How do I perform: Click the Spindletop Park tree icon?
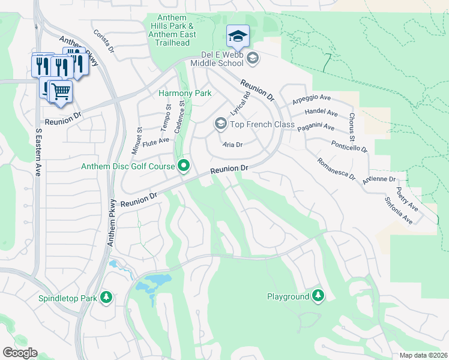tap(106, 297)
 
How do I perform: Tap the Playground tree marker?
tap(318, 295)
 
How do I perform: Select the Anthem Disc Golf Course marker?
tap(184, 166)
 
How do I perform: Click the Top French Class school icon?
tap(220, 124)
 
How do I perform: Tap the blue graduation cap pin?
tap(238, 37)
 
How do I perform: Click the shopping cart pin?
tap(59, 92)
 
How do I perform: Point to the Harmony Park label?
tap(185, 93)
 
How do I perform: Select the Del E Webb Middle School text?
tap(215, 62)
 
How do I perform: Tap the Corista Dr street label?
tap(103, 41)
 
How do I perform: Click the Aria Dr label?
tap(232, 145)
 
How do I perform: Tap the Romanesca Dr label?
tap(336, 170)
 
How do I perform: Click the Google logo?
tap(20, 352)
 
